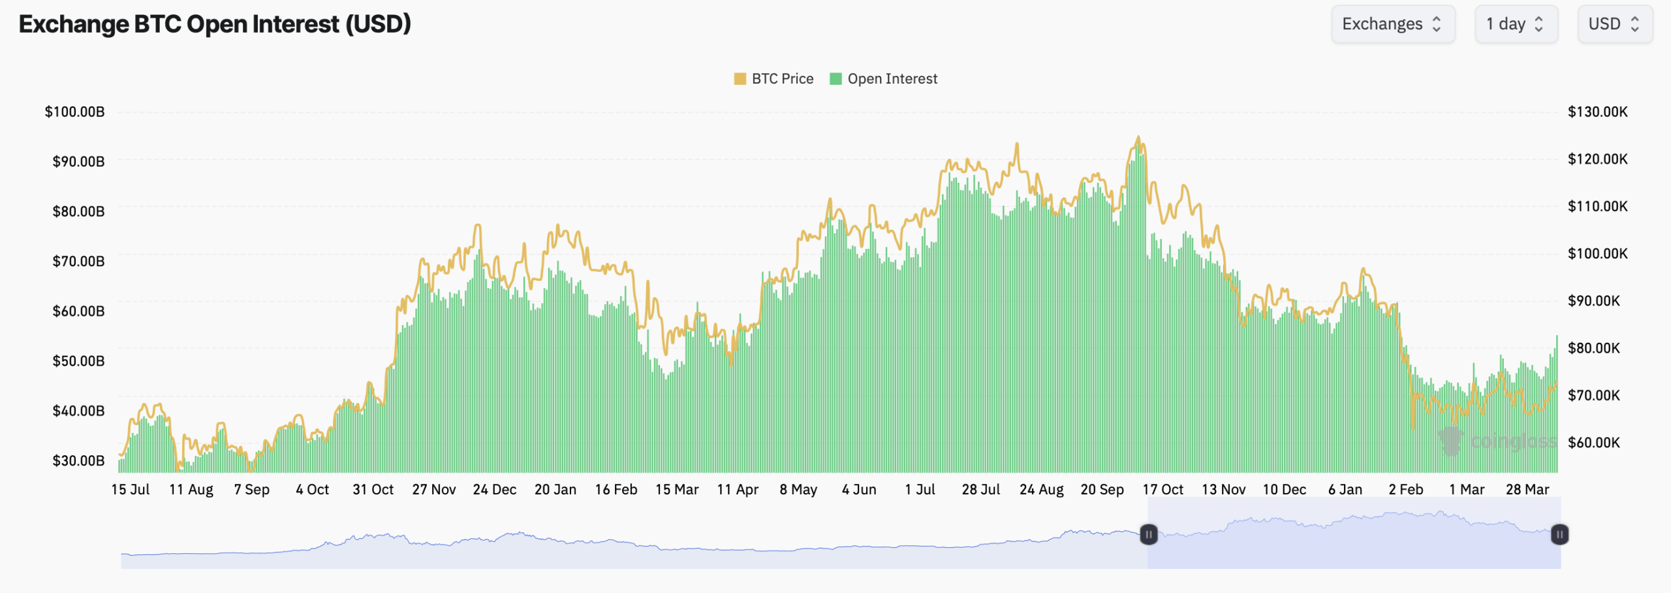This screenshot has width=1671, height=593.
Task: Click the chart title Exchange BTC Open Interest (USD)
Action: click(x=215, y=24)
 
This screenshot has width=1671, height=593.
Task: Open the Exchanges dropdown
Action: click(x=1392, y=24)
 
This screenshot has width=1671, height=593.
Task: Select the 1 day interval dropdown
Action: click(x=1515, y=24)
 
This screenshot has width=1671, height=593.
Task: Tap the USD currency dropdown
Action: click(x=1614, y=24)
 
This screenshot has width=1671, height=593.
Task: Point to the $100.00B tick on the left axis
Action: click(x=74, y=112)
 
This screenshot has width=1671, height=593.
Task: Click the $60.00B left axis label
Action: click(x=78, y=311)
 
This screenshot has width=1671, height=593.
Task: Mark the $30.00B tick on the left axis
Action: click(x=78, y=460)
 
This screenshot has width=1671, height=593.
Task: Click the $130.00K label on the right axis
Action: click(x=1597, y=112)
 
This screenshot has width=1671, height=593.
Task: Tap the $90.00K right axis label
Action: click(x=1593, y=301)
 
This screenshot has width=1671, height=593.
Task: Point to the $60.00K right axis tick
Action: click(x=1593, y=443)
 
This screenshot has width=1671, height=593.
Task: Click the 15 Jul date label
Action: click(x=131, y=490)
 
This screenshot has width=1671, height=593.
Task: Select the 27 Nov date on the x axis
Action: click(x=434, y=490)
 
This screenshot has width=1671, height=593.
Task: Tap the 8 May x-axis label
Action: click(x=798, y=490)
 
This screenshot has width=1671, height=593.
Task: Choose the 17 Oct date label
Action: click(x=1163, y=490)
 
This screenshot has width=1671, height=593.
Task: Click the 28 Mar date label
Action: click(x=1527, y=490)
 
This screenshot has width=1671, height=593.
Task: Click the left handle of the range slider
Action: click(x=1149, y=535)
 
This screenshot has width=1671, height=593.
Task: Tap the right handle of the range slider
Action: click(x=1559, y=535)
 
